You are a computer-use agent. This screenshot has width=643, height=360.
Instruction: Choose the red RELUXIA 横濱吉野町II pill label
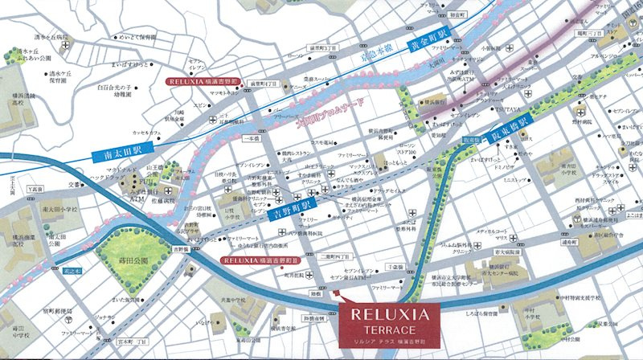tap(260, 260)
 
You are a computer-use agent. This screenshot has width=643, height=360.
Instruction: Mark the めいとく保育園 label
tap(137, 37)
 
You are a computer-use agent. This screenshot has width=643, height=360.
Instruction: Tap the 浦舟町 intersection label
tap(571, 241)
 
